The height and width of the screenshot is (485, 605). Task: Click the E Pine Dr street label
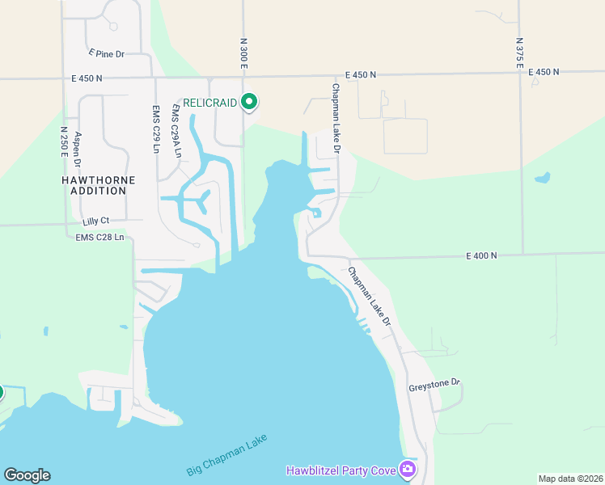pyautogui.click(x=107, y=53)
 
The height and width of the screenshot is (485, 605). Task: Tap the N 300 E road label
pyautogui.click(x=243, y=53)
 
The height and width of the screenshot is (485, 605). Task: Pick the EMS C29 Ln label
pyautogui.click(x=156, y=129)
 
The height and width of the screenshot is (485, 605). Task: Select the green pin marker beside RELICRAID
pyautogui.click(x=250, y=102)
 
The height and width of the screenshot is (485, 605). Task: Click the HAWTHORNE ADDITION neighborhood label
pyautogui.click(x=95, y=185)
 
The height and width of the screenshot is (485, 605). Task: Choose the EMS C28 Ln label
pyautogui.click(x=100, y=237)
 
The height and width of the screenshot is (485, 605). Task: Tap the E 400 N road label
pyautogui.click(x=481, y=255)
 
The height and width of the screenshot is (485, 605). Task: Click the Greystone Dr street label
pyautogui.click(x=434, y=382)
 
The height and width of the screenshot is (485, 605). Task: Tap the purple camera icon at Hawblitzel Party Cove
pyautogui.click(x=409, y=469)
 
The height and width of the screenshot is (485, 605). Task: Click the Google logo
pyautogui.click(x=27, y=475)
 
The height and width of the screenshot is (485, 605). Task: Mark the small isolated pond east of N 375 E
pyautogui.click(x=543, y=177)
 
